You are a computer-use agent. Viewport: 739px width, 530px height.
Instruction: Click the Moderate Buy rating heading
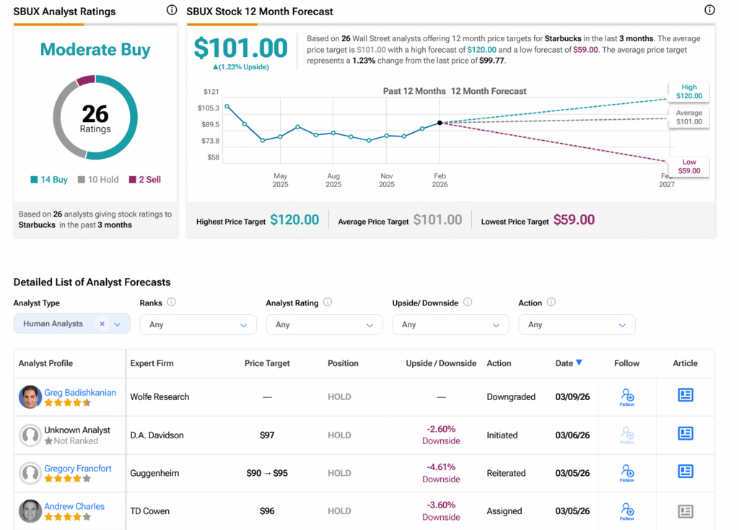tap(95, 50)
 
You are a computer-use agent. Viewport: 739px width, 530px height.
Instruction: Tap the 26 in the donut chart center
tap(95, 113)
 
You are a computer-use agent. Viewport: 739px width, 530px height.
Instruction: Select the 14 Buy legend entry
tap(49, 180)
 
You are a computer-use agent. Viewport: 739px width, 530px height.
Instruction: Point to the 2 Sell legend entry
tap(145, 180)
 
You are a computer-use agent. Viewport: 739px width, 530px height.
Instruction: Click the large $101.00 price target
tap(241, 48)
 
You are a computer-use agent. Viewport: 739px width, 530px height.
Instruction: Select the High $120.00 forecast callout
tap(688, 91)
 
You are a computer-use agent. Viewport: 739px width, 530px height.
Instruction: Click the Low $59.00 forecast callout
tap(688, 167)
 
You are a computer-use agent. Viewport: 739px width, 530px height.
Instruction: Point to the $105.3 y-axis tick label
tap(208, 108)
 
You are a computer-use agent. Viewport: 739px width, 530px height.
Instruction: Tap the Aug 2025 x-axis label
tap(333, 180)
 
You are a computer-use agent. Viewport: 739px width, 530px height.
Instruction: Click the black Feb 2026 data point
tap(440, 123)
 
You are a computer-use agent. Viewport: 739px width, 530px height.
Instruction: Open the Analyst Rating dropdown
tap(324, 325)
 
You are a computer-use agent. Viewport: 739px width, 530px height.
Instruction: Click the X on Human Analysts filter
tap(102, 324)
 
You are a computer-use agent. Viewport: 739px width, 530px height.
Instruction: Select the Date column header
tap(569, 363)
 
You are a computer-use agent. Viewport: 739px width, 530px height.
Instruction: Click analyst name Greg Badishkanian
tap(80, 393)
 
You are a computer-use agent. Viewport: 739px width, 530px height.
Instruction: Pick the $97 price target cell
tap(267, 435)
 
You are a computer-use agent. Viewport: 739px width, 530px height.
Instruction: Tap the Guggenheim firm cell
tap(154, 474)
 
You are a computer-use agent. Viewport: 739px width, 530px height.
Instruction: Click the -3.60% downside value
tap(441, 505)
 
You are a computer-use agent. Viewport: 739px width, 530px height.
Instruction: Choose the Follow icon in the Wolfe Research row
tap(627, 396)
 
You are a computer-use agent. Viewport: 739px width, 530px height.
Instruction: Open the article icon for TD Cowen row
tap(685, 511)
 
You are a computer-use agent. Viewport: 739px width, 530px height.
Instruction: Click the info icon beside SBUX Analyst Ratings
tap(171, 10)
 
